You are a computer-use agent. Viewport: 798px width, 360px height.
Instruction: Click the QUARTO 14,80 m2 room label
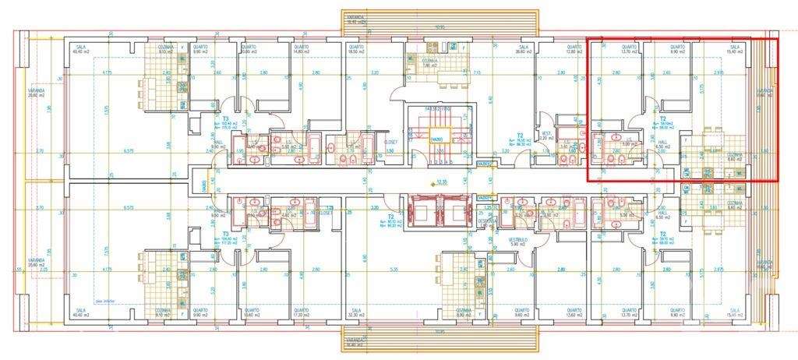pos(301,50)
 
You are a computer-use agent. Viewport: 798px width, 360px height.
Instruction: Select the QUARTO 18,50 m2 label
pos(358,50)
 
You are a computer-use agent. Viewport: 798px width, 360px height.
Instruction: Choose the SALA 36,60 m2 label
pos(524,50)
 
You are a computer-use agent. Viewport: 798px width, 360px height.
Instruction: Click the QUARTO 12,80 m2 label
pos(574,50)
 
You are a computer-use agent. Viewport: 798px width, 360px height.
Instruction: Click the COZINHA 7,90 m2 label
pos(430,62)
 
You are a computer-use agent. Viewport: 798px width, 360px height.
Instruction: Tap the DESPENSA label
pos(487,221)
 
